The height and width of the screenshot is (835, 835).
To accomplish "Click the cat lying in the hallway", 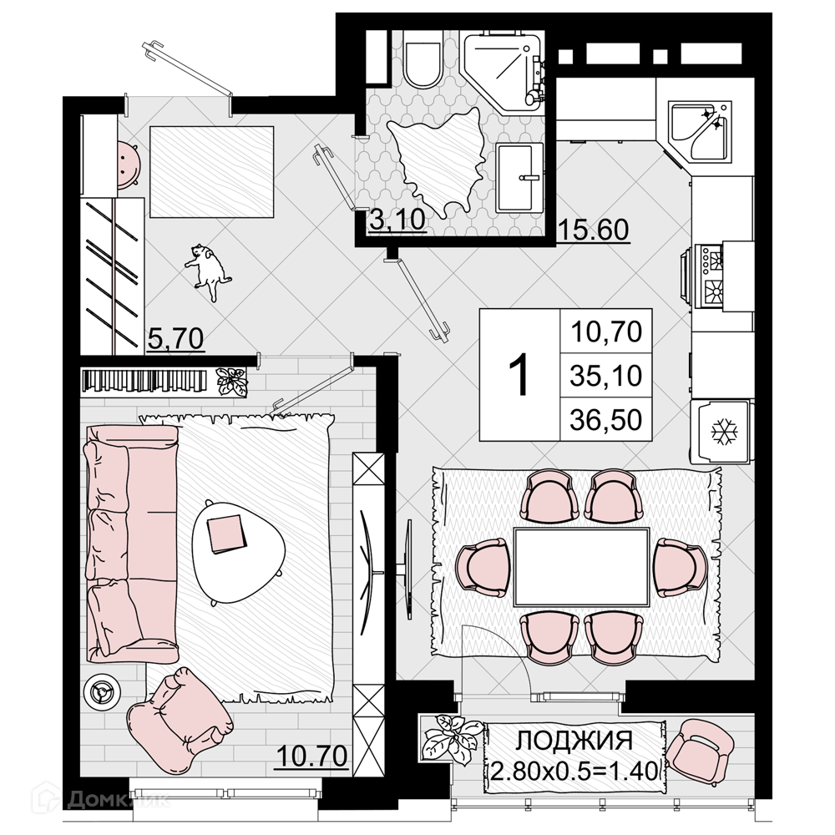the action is [x=209, y=271].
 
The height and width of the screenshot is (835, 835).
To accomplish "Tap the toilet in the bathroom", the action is [x=423, y=59].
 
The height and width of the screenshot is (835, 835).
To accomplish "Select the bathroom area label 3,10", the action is [x=397, y=220].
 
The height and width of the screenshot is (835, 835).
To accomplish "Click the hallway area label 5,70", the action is [x=175, y=339].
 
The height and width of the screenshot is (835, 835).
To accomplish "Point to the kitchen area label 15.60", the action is [x=593, y=230].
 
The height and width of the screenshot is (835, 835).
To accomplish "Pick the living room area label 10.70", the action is [x=312, y=756].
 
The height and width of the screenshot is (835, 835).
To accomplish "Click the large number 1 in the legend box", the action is [x=519, y=374].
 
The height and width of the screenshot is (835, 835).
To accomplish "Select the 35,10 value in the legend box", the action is [x=606, y=376].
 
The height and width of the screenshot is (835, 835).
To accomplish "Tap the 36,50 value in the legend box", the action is [x=606, y=420].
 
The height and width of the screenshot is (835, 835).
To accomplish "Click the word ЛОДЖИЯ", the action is [x=574, y=741].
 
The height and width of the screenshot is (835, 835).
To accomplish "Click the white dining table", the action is [x=581, y=567].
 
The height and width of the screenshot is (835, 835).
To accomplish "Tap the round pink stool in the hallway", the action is [x=129, y=164].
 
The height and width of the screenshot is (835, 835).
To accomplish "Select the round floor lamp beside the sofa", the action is [x=102, y=691].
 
